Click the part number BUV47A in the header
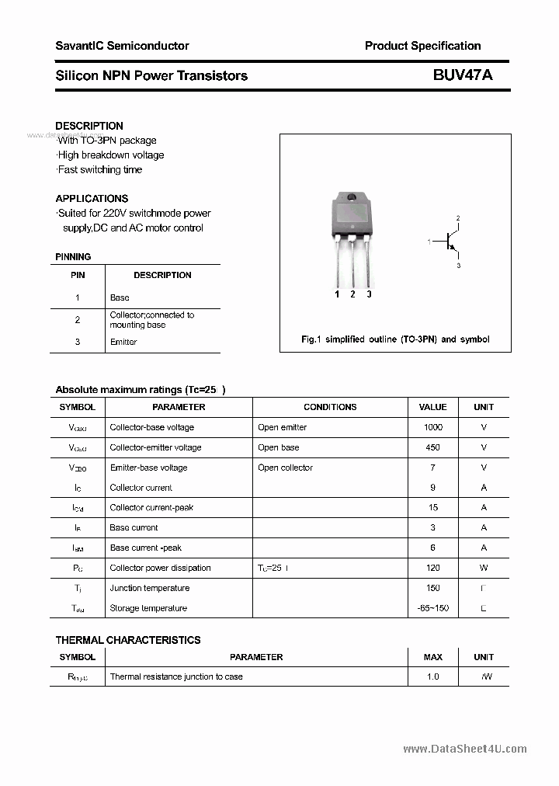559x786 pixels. [463, 75]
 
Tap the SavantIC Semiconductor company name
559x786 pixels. [122, 46]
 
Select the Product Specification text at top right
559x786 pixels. [422, 46]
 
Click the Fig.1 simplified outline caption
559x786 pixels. [395, 339]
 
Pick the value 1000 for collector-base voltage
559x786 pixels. [432, 427]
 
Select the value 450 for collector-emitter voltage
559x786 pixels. [432, 447]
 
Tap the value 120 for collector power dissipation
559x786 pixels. [432, 568]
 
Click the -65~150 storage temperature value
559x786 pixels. [432, 608]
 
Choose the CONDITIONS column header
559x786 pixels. [330, 407]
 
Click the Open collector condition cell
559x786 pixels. [285, 468]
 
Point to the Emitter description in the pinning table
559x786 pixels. [123, 342]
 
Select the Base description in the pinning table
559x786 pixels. [120, 297]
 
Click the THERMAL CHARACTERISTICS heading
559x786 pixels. [128, 640]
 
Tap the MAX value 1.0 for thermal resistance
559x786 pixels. [432, 676]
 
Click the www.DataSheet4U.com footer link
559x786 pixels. [465, 749]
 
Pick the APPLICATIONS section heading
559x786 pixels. [92, 198]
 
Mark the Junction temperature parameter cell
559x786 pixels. [149, 588]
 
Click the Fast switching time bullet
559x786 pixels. [99, 169]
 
